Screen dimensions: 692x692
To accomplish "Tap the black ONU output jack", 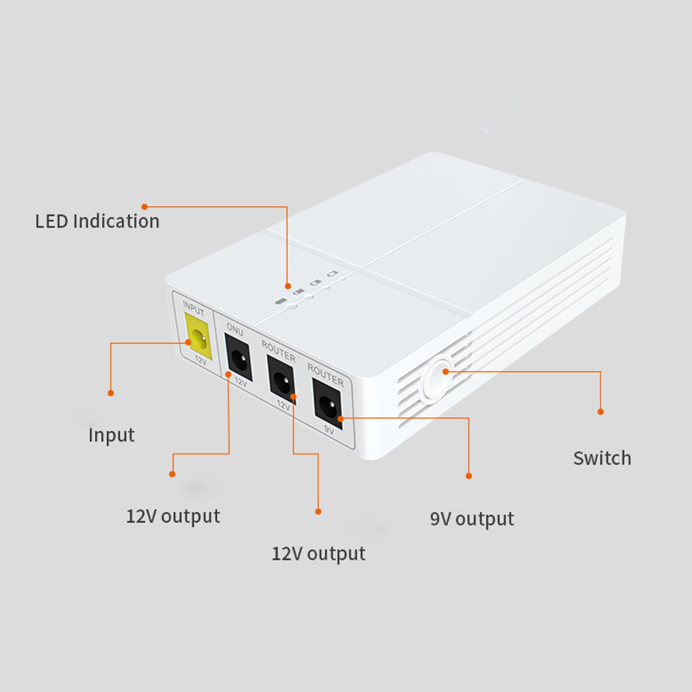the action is (238, 357).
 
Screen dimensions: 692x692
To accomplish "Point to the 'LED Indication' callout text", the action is (97, 221).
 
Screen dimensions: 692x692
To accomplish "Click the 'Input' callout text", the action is (112, 435).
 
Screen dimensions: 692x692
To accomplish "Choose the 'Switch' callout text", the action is (602, 458).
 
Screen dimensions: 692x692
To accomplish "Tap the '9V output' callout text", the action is (472, 519).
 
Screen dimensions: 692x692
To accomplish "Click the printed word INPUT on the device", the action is (194, 308).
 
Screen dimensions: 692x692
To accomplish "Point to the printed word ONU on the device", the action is (235, 330).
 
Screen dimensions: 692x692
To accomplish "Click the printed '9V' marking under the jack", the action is (329, 430).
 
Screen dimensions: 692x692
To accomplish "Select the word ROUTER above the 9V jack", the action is (325, 375).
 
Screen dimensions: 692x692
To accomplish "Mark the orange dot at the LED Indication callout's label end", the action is (145, 207).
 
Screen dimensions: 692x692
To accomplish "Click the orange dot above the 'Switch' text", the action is (600, 412).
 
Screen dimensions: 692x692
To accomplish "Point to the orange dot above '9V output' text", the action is (469, 476).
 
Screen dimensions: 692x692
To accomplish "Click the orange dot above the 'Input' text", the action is (111, 393).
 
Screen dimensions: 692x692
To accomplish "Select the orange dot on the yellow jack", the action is (188, 343).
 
